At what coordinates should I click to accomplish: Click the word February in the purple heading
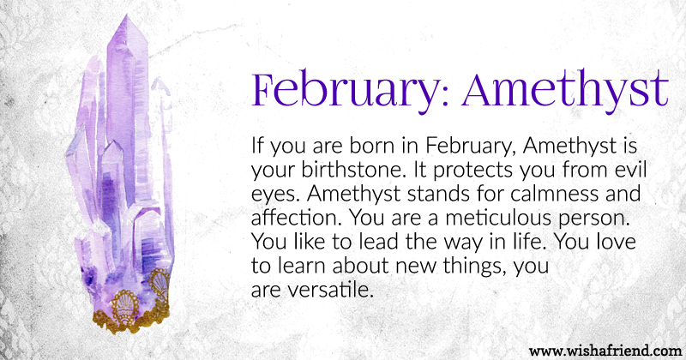tap(344, 90)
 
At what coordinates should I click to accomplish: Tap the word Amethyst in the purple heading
tap(565, 90)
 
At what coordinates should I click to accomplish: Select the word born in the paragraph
tap(372, 146)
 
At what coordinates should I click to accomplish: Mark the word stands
tap(434, 194)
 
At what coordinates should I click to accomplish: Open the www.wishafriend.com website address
tap(605, 351)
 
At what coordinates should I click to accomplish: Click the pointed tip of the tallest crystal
tap(126, 15)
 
